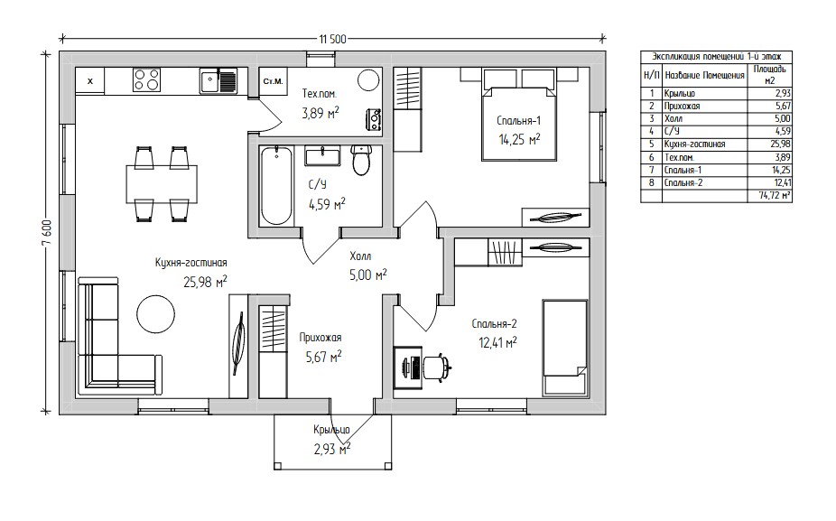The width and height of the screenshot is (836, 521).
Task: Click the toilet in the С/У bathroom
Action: pyautogui.click(x=361, y=160)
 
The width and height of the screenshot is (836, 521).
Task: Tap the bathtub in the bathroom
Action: pyautogui.click(x=276, y=186)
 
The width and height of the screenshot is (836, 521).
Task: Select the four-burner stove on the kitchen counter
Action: pyautogui.click(x=146, y=80)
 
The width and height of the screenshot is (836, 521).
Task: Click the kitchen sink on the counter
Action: pyautogui.click(x=218, y=80)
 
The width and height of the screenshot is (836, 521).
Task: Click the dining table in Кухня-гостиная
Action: pyautogui.click(x=162, y=184)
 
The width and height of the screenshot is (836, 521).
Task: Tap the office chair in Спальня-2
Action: pyautogui.click(x=438, y=367)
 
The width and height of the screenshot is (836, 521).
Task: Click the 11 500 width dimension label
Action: pyautogui.click(x=333, y=39)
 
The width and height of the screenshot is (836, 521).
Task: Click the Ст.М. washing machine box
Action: pyautogui.click(x=273, y=81)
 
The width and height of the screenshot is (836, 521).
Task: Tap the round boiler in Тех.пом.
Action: pyautogui.click(x=368, y=80)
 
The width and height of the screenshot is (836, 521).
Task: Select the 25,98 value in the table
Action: pyautogui.click(x=781, y=144)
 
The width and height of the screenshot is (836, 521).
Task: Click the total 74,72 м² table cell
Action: pyautogui.click(x=775, y=196)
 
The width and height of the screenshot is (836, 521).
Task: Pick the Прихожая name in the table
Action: pyautogui.click(x=682, y=107)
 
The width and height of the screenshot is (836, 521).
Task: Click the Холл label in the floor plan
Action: pyautogui.click(x=360, y=256)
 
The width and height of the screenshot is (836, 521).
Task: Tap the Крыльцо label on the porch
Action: pyautogui.click(x=331, y=430)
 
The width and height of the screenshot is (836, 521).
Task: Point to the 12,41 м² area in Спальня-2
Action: pyautogui.click(x=498, y=342)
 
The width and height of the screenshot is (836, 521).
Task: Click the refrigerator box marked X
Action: pyautogui.click(x=90, y=81)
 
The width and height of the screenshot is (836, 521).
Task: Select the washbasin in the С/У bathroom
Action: pyautogui.click(x=322, y=156)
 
